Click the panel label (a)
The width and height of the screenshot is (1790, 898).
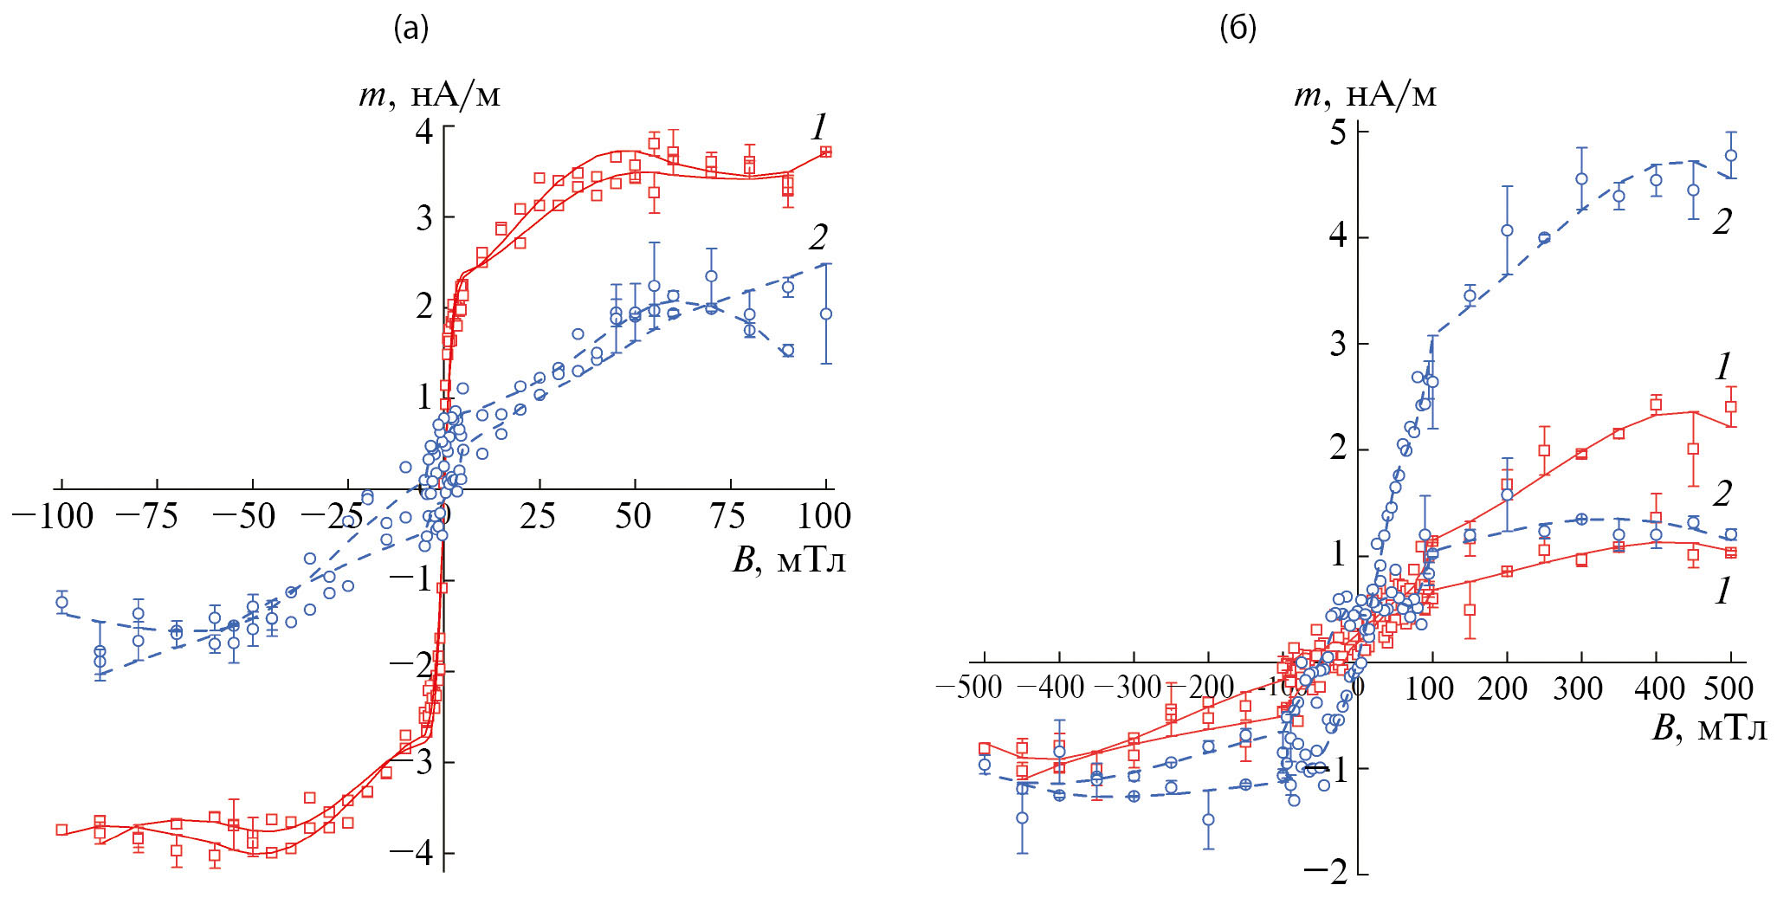[x=411, y=29]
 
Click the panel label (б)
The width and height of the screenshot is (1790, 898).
[x=1237, y=29]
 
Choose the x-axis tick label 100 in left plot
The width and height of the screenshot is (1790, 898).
[x=824, y=517]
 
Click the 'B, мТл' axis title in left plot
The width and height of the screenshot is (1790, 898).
[x=789, y=561]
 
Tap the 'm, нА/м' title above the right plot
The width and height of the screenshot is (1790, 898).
[x=1365, y=94]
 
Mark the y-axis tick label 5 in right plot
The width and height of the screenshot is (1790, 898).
[x=1339, y=132]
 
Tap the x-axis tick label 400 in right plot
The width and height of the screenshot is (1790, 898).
[x=1656, y=688]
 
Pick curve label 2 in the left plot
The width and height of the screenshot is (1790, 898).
[x=818, y=237]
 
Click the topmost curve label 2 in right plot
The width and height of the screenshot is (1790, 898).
[x=1722, y=222]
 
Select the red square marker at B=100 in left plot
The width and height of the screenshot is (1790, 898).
[x=826, y=152]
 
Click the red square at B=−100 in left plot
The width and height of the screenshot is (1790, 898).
[x=61, y=830]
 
